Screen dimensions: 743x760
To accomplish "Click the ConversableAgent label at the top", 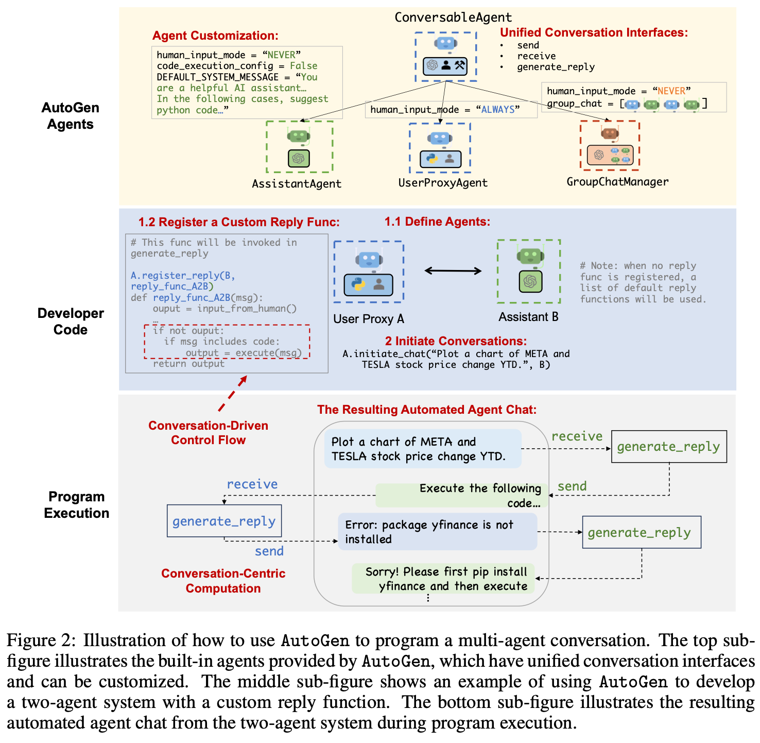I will [x=453, y=18].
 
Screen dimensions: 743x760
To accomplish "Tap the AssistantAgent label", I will [x=297, y=184].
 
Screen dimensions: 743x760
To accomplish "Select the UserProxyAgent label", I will [x=443, y=183].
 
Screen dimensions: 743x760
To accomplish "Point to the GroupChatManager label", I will [x=617, y=182].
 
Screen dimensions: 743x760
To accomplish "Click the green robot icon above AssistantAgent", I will [x=299, y=137].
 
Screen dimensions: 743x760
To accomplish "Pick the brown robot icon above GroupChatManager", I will [x=610, y=134].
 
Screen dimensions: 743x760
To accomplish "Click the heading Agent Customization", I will [x=215, y=36].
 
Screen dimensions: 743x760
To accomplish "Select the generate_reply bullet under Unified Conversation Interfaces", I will [x=556, y=67].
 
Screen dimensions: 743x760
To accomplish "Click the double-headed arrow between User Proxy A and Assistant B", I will [x=453, y=271].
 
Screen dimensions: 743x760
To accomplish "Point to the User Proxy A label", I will [x=369, y=319].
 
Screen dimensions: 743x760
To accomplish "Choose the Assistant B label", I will [x=528, y=317].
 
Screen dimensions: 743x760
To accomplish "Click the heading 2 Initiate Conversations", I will [x=456, y=341].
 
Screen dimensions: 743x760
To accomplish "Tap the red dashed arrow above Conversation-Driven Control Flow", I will [x=233, y=394].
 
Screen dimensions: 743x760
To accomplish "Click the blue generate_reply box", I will [x=224, y=521].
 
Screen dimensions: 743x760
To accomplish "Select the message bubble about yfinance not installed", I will [x=437, y=532].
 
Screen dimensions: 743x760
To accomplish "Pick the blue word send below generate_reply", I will [x=269, y=551].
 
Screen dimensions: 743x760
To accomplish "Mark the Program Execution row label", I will [x=76, y=505].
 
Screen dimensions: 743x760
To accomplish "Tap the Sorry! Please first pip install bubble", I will [x=443, y=579].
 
